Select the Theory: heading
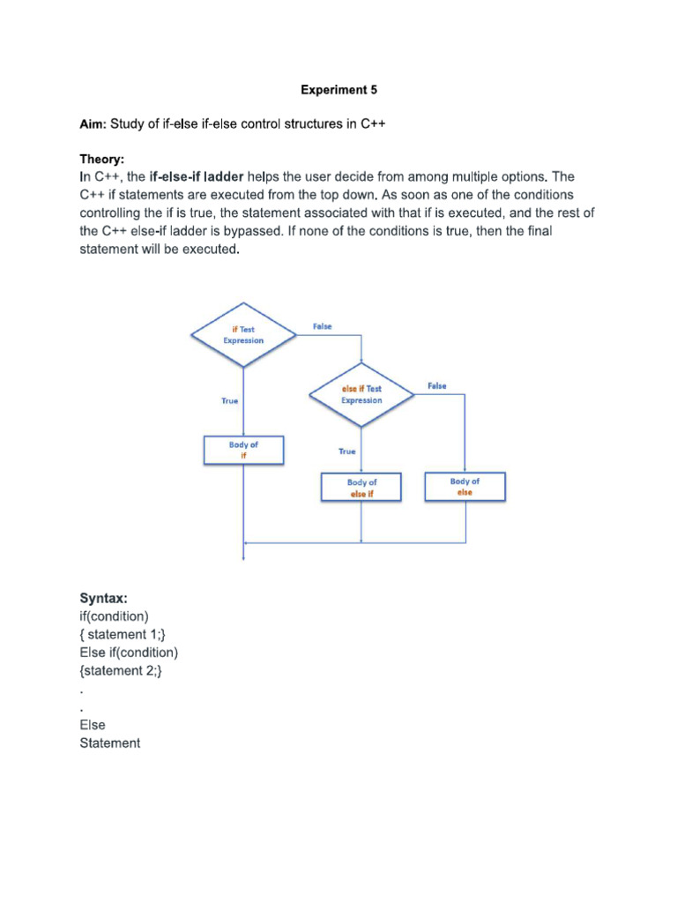(102, 160)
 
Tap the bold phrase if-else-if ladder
(196, 177)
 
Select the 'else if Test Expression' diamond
(361, 394)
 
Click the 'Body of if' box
(243, 451)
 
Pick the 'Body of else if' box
(361, 488)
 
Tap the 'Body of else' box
(465, 487)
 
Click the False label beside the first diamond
(323, 326)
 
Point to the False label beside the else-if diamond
(436, 386)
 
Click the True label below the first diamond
(229, 400)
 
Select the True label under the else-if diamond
(347, 451)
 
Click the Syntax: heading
(104, 599)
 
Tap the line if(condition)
(115, 616)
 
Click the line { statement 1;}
(122, 635)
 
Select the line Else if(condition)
(129, 653)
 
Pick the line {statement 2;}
(121, 671)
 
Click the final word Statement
(109, 743)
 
